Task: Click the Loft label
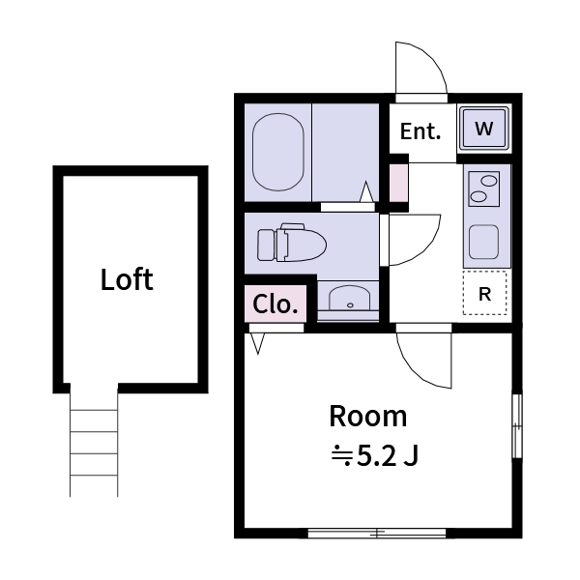tap(127, 280)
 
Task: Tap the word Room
tap(368, 417)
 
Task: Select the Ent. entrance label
tap(420, 130)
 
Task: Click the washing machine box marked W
tap(484, 128)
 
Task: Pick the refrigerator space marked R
tap(484, 295)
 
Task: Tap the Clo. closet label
tap(275, 304)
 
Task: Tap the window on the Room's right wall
tap(516, 425)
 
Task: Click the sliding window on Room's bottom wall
tap(376, 533)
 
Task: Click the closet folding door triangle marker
tap(257, 343)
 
